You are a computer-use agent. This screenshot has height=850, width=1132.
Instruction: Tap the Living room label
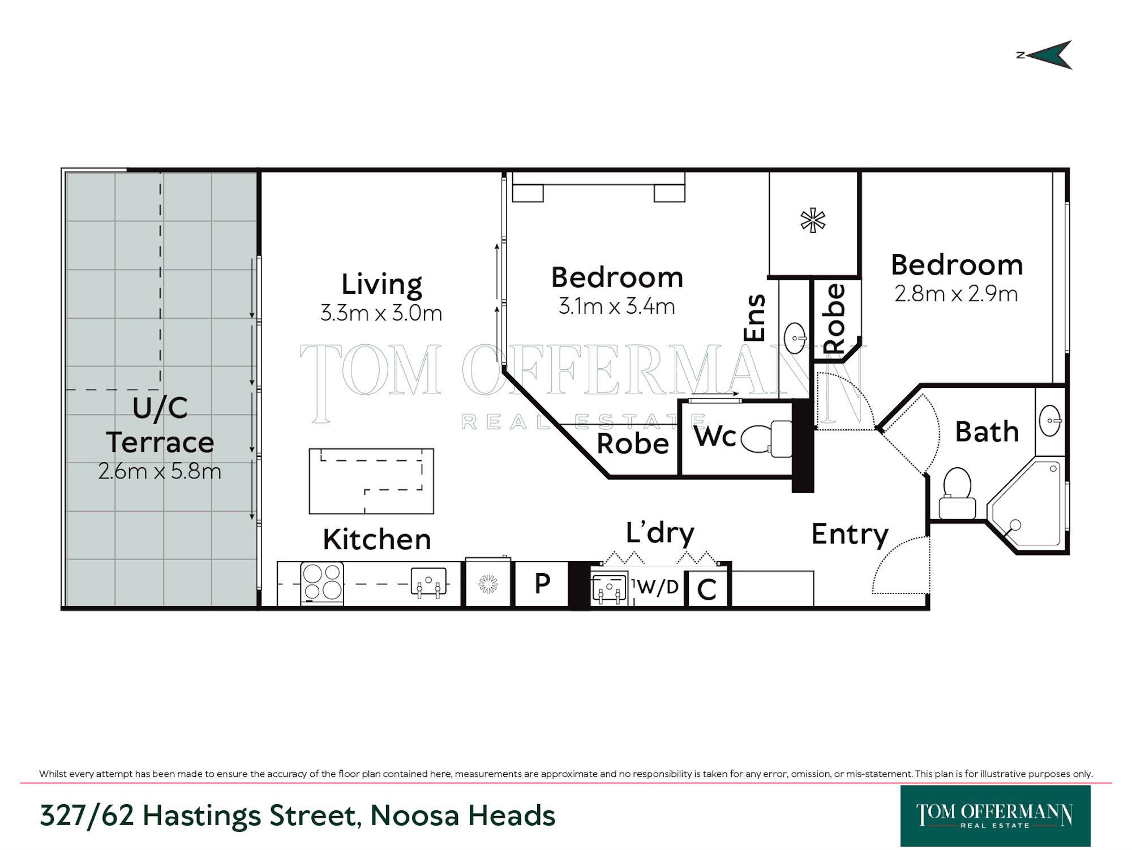coord(381,284)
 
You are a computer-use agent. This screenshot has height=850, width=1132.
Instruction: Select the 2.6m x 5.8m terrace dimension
coord(160,471)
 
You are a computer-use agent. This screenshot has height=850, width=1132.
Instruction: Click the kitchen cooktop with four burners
coord(322,582)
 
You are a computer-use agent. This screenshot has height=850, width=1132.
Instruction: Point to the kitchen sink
coord(428,583)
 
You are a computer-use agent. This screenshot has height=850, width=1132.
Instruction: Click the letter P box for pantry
coord(542,583)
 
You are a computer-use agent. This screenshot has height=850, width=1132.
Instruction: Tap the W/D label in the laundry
coord(658,587)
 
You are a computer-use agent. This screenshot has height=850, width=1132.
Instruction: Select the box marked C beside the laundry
coord(707,589)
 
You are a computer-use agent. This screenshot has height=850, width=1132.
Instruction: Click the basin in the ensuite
coord(796,338)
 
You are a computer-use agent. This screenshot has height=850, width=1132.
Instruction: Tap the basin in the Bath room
coord(1050,421)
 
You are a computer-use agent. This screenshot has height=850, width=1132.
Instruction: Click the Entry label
coord(850,534)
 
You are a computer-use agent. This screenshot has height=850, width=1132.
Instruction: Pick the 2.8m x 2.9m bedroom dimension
coord(956,294)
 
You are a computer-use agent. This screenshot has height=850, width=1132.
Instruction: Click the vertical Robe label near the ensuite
coord(834,319)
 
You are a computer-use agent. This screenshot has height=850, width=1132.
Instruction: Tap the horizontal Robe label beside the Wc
coord(633,443)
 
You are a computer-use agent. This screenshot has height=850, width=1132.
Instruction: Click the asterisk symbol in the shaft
coord(813,220)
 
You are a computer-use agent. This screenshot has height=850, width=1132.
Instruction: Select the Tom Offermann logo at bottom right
coord(995,815)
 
